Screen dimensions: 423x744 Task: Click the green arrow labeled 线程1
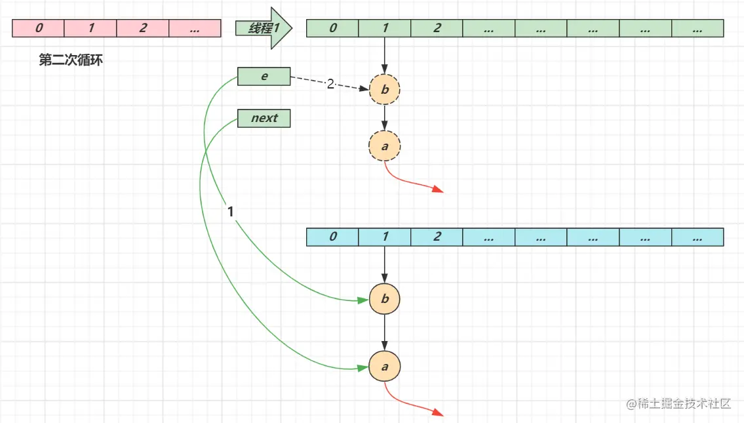point(262,28)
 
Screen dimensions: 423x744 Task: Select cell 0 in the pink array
point(39,28)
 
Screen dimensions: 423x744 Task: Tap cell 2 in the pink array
point(143,28)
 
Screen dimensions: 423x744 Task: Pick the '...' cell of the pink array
point(194,28)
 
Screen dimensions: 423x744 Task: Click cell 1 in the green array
point(385,28)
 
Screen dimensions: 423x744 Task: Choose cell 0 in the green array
point(333,28)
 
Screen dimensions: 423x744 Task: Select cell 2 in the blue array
point(437,237)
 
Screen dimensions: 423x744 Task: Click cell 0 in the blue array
point(333,237)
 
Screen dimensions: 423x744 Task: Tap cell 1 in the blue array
point(385,237)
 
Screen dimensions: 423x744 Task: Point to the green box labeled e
point(264,77)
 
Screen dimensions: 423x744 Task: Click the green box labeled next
point(264,119)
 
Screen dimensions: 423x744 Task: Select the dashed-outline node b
point(385,89)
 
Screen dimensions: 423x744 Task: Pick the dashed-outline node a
point(385,146)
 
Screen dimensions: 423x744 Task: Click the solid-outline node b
point(385,299)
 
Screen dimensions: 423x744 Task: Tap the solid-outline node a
point(385,367)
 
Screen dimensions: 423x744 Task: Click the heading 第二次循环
point(71,60)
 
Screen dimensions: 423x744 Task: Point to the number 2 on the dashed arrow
point(330,84)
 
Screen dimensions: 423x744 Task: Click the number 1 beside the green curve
point(230,212)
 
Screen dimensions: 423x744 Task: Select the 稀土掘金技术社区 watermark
point(678,403)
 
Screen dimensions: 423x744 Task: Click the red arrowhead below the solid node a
point(439,413)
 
